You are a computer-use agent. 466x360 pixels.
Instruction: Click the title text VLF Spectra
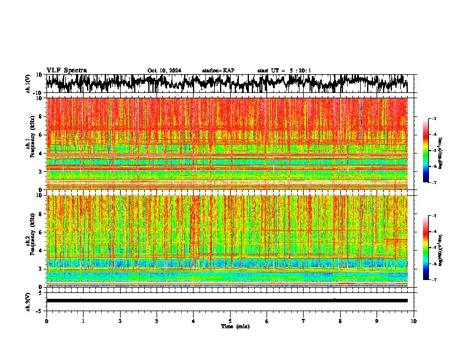pyautogui.click(x=66, y=71)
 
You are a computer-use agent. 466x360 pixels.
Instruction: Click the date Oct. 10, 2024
pyautogui.click(x=164, y=71)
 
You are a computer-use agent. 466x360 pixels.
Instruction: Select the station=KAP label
pyautogui.click(x=218, y=71)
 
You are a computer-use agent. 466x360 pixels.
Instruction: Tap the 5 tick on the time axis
pyautogui.click(x=230, y=321)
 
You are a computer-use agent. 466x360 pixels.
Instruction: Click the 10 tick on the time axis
pyautogui.click(x=414, y=321)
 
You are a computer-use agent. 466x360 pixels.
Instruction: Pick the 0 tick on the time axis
pyautogui.click(x=46, y=321)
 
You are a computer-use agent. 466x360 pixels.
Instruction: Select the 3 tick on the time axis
pyautogui.click(x=157, y=321)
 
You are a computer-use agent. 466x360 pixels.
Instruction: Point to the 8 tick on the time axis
pyautogui.click(x=340, y=321)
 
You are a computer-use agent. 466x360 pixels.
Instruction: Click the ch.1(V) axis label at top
pyautogui.click(x=29, y=84)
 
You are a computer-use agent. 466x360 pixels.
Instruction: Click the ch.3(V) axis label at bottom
pyautogui.click(x=29, y=300)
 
